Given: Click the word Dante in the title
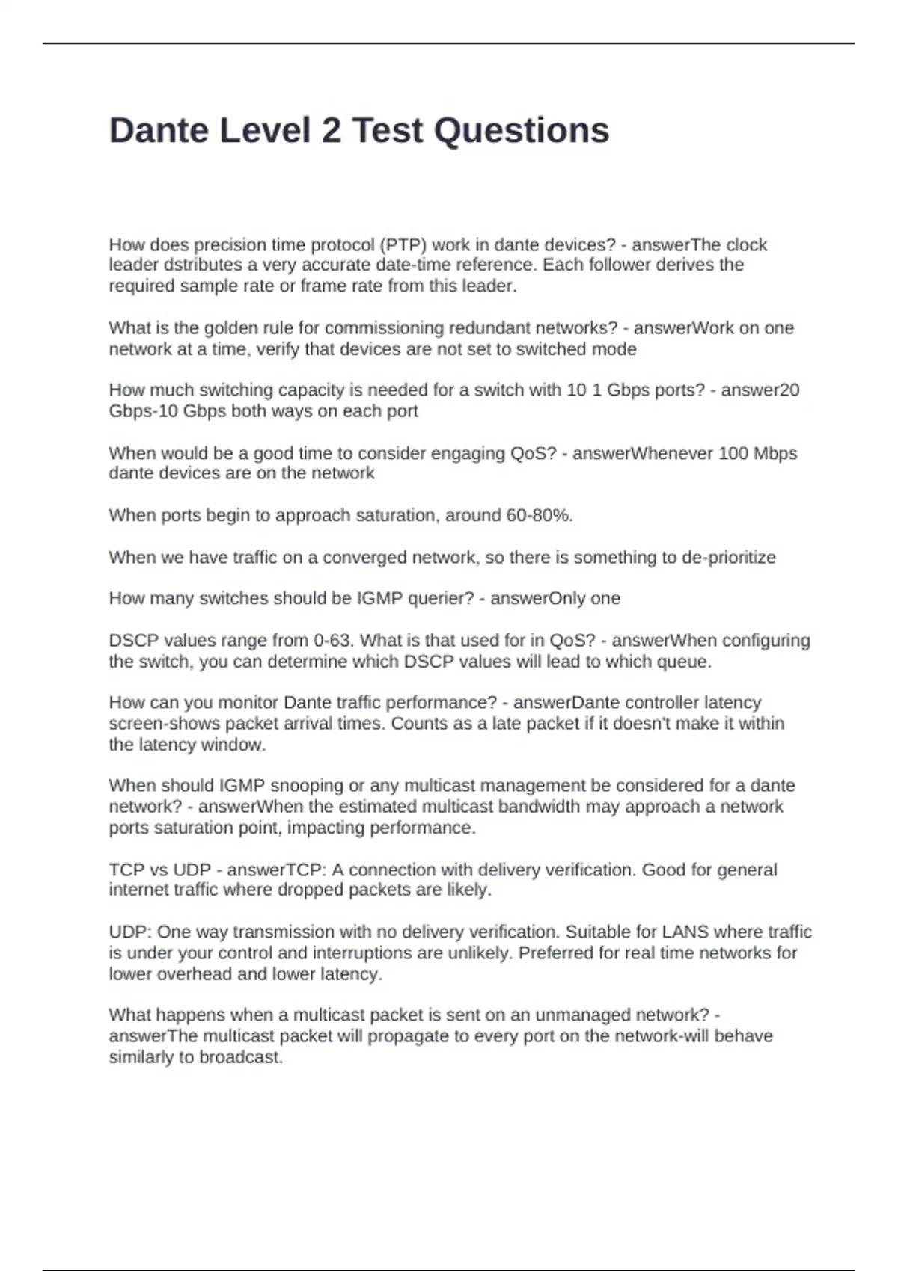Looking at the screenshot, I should coord(159,131).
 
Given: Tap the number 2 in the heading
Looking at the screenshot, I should coord(330,131).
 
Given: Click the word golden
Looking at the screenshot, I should coord(230,328).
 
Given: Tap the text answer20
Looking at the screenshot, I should coord(760,390).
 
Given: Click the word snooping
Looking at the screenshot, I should coord(307,786).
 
